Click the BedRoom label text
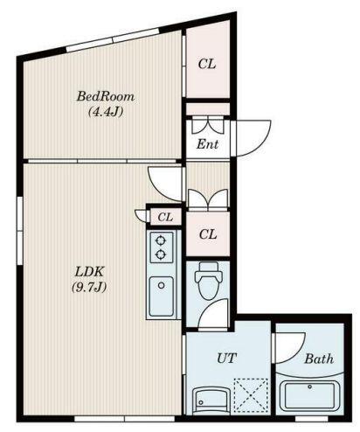106,96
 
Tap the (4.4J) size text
106,112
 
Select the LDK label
89,272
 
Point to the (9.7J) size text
89,288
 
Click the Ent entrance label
207,144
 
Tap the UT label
226,358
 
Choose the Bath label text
319,359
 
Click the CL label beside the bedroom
207,64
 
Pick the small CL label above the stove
165,217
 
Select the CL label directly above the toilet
208,234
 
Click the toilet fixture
208,278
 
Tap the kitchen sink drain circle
162,285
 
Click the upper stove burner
161,240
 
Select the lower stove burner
161,254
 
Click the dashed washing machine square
251,395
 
